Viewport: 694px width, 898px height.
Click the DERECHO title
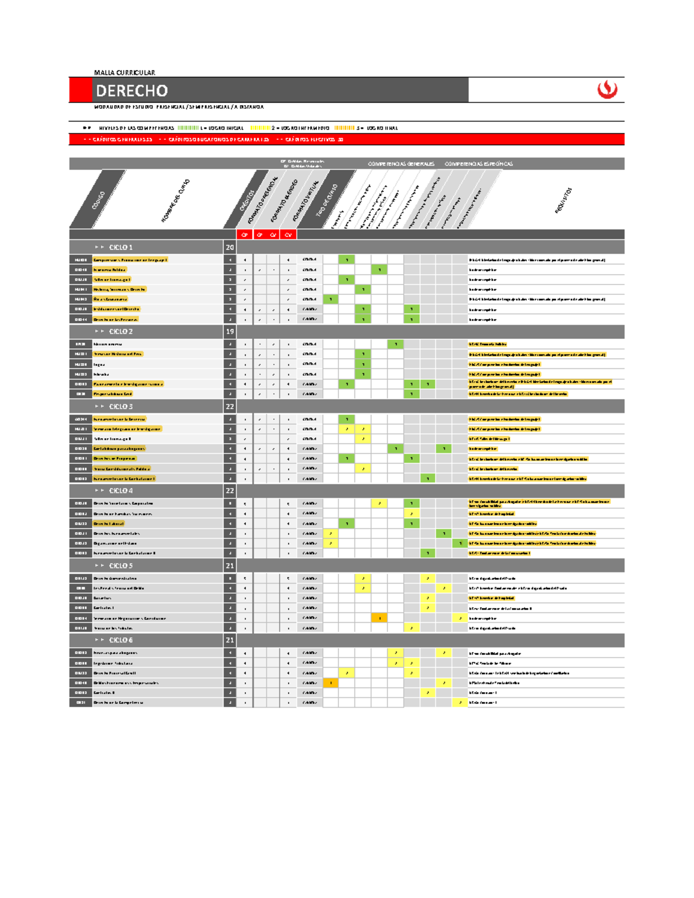point(132,91)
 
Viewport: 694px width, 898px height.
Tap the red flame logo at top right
point(607,90)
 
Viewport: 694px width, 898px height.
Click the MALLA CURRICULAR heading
point(124,73)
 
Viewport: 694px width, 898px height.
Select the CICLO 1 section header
point(120,247)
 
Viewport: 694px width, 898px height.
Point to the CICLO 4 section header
point(120,491)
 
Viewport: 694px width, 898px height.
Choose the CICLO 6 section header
point(120,640)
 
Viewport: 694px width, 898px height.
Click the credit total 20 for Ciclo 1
point(230,247)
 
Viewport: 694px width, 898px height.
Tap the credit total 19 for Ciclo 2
point(230,332)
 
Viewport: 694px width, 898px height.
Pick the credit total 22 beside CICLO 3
point(230,407)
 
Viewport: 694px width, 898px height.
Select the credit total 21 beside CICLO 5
point(230,566)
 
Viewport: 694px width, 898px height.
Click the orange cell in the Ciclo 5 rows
point(379,618)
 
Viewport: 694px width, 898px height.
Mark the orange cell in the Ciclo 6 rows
point(331,683)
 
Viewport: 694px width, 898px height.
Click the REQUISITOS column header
point(563,200)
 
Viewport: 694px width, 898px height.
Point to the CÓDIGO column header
point(99,200)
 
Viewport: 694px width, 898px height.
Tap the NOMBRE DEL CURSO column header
point(175,201)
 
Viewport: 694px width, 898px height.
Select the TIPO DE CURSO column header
point(327,200)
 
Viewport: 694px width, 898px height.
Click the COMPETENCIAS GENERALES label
point(401,164)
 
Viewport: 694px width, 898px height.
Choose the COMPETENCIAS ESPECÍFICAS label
point(478,164)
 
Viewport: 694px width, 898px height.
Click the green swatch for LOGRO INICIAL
point(188,128)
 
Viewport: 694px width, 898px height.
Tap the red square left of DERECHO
point(80,90)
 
